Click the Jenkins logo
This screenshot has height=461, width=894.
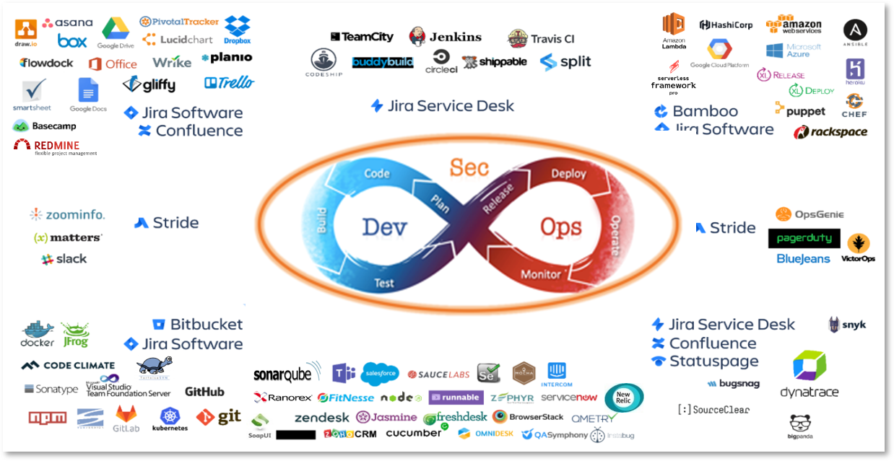(x=445, y=37)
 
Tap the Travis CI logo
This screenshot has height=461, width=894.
(x=541, y=38)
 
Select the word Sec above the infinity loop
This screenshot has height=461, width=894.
(x=469, y=167)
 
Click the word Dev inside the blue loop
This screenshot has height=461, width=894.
(x=384, y=227)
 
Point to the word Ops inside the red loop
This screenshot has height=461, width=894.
(x=560, y=227)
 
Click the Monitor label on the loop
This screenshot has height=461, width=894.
(x=541, y=274)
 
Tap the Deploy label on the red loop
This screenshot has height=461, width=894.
(x=568, y=174)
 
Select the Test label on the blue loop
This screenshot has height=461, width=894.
(x=384, y=283)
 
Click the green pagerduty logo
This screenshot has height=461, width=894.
(x=804, y=238)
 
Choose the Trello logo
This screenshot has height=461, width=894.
(x=229, y=83)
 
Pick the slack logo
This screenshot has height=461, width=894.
(x=64, y=259)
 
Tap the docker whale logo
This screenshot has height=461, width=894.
(x=38, y=333)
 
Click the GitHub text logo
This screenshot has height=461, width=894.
(x=204, y=392)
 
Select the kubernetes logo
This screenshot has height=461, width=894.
(x=170, y=419)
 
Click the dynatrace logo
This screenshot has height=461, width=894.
(x=809, y=374)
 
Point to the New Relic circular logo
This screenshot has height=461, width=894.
(x=622, y=397)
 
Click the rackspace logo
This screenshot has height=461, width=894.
(x=830, y=132)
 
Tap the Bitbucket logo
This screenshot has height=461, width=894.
(x=197, y=325)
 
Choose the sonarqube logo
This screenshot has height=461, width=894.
(x=287, y=373)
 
